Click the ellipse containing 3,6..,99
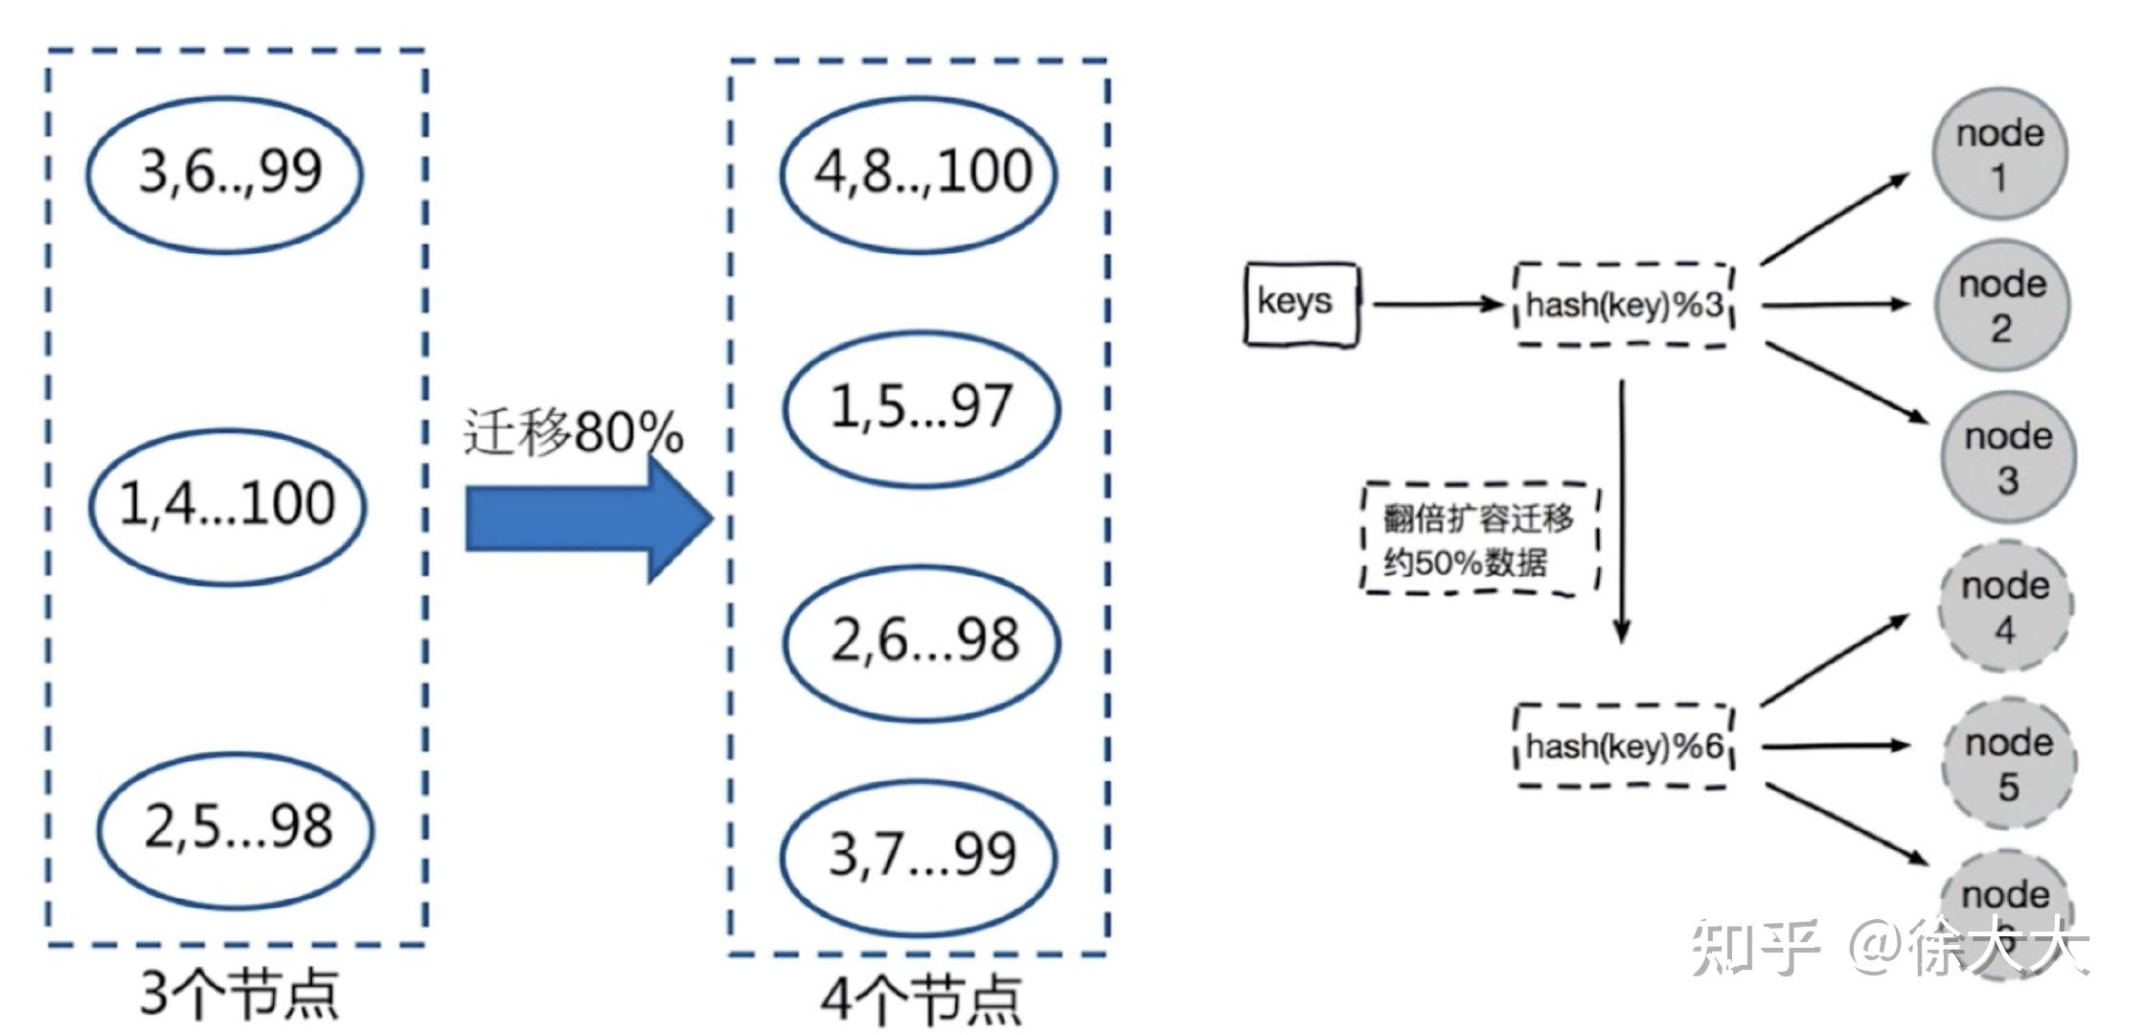[225, 173]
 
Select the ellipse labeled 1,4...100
[228, 505]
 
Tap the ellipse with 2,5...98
[236, 828]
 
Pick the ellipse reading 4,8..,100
[920, 173]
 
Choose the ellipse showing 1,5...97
[922, 407]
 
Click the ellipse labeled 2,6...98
[922, 641]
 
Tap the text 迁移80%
[573, 431]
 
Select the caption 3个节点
[240, 993]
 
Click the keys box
[1301, 303]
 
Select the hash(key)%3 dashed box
[1625, 305]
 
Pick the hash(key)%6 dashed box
[1625, 746]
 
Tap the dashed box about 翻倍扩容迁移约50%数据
[1479, 539]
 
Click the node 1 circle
[1999, 154]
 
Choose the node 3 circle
[2008, 457]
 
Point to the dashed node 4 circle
[2005, 607]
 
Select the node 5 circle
[2009, 763]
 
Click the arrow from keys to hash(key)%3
[1437, 305]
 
